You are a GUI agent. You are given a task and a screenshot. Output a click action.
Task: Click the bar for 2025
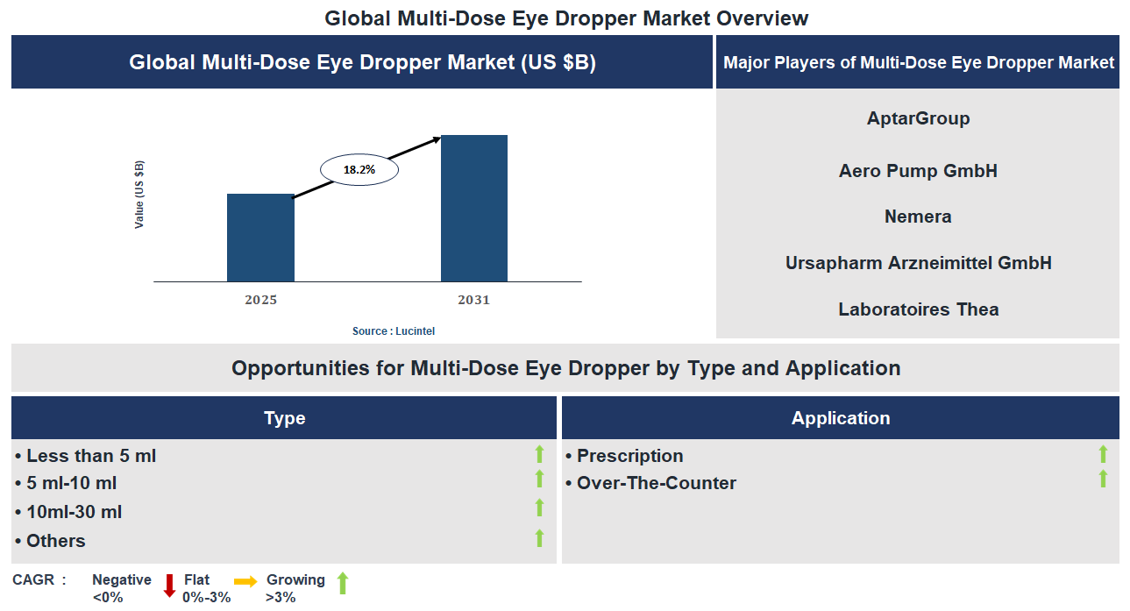260,238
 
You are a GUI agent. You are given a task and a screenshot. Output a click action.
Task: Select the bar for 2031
473,209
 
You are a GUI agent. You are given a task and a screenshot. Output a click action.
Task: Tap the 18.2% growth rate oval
359,170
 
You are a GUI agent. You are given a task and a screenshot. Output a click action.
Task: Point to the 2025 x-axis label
261,300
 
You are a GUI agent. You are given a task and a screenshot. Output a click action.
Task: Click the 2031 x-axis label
473,300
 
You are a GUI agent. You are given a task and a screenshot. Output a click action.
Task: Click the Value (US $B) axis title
139,195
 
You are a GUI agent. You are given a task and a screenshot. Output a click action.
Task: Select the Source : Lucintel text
394,331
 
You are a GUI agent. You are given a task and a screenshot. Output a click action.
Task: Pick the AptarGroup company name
918,118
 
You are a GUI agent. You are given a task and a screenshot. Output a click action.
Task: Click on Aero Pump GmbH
918,171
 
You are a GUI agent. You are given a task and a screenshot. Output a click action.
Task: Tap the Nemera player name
918,217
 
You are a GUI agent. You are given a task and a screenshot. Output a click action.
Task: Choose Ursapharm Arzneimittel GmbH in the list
918,263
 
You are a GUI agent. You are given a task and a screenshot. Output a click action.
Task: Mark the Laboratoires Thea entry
918,309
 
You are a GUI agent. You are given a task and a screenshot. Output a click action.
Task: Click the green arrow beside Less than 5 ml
539,454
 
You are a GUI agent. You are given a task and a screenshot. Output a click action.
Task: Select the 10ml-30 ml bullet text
74,512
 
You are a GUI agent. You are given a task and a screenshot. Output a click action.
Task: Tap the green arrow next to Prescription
1103,454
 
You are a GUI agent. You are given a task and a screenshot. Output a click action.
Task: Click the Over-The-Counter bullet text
656,483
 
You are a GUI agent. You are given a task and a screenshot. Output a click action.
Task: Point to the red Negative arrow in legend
169,586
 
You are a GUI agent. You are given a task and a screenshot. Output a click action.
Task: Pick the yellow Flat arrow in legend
245,581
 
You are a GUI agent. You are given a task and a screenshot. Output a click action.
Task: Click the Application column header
840,418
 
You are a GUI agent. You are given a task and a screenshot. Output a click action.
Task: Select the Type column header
284,418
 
